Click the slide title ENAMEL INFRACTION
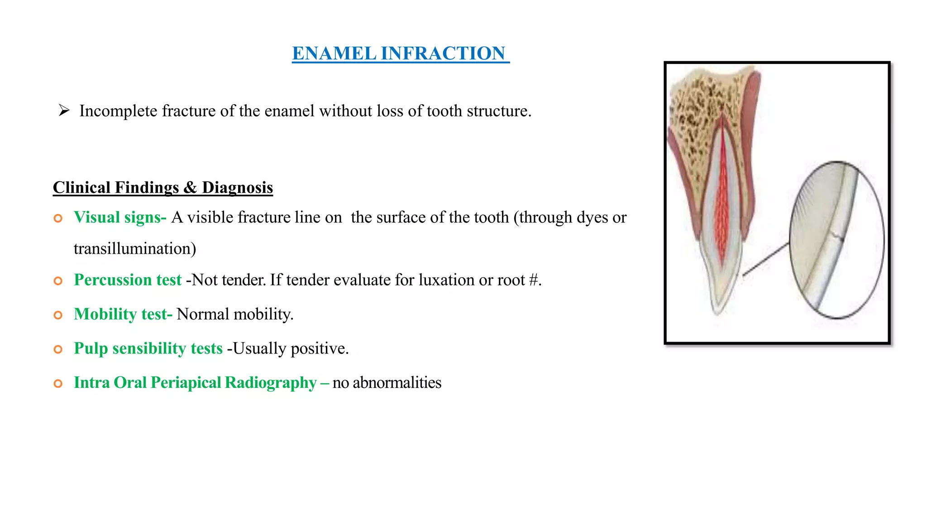(x=400, y=53)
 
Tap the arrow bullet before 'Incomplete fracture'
(x=64, y=110)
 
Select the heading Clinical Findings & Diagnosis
(x=162, y=188)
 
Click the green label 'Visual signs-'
(x=120, y=217)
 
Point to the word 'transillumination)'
(x=135, y=249)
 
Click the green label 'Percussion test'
(x=128, y=280)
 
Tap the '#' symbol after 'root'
(x=533, y=280)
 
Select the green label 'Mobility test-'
(x=123, y=314)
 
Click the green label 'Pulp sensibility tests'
(x=148, y=348)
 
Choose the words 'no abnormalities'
(x=387, y=383)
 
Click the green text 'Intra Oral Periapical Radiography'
(x=195, y=383)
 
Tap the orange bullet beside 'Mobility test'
(x=58, y=315)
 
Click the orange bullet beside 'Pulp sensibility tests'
(x=58, y=349)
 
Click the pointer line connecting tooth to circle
(x=766, y=259)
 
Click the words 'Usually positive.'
(x=291, y=348)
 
